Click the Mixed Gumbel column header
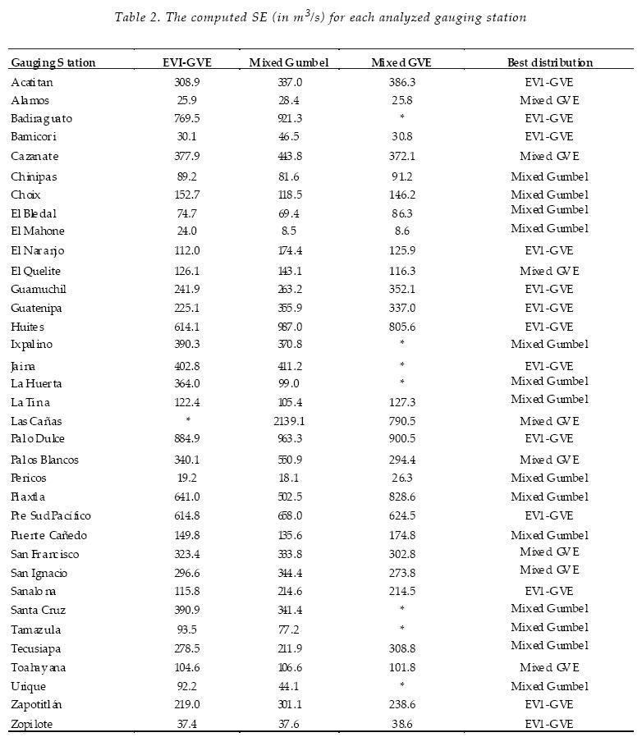pos(288,62)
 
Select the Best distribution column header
pos(549,62)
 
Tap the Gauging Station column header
pos(53,62)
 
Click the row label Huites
pos(27,327)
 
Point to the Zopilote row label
pos(32,723)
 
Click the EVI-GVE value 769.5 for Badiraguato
pos(187,118)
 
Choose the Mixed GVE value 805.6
pos(401,327)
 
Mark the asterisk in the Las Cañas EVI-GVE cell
pos(188,421)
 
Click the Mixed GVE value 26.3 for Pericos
pos(401,478)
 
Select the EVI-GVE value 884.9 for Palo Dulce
pos(187,438)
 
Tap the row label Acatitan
pos(32,82)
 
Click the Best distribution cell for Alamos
pos(549,100)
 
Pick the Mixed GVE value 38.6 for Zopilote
pos(401,723)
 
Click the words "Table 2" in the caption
pos(139,17)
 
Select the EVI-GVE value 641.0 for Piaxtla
pos(187,497)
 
